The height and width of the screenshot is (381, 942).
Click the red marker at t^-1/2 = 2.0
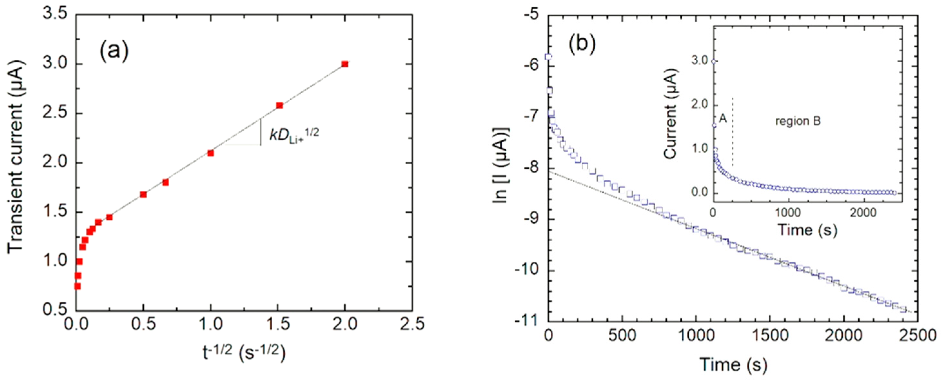(x=345, y=64)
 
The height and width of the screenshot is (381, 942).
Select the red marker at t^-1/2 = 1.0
(x=210, y=153)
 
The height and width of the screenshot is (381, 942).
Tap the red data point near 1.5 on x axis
(x=280, y=105)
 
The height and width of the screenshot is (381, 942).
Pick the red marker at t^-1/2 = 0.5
(x=143, y=194)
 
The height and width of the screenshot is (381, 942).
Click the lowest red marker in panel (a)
(x=77, y=286)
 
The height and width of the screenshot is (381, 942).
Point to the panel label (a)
(x=114, y=52)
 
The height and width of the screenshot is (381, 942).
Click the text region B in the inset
(x=798, y=122)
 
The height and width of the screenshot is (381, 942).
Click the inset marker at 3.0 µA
(x=714, y=62)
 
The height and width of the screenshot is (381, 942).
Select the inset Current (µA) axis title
(x=670, y=114)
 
